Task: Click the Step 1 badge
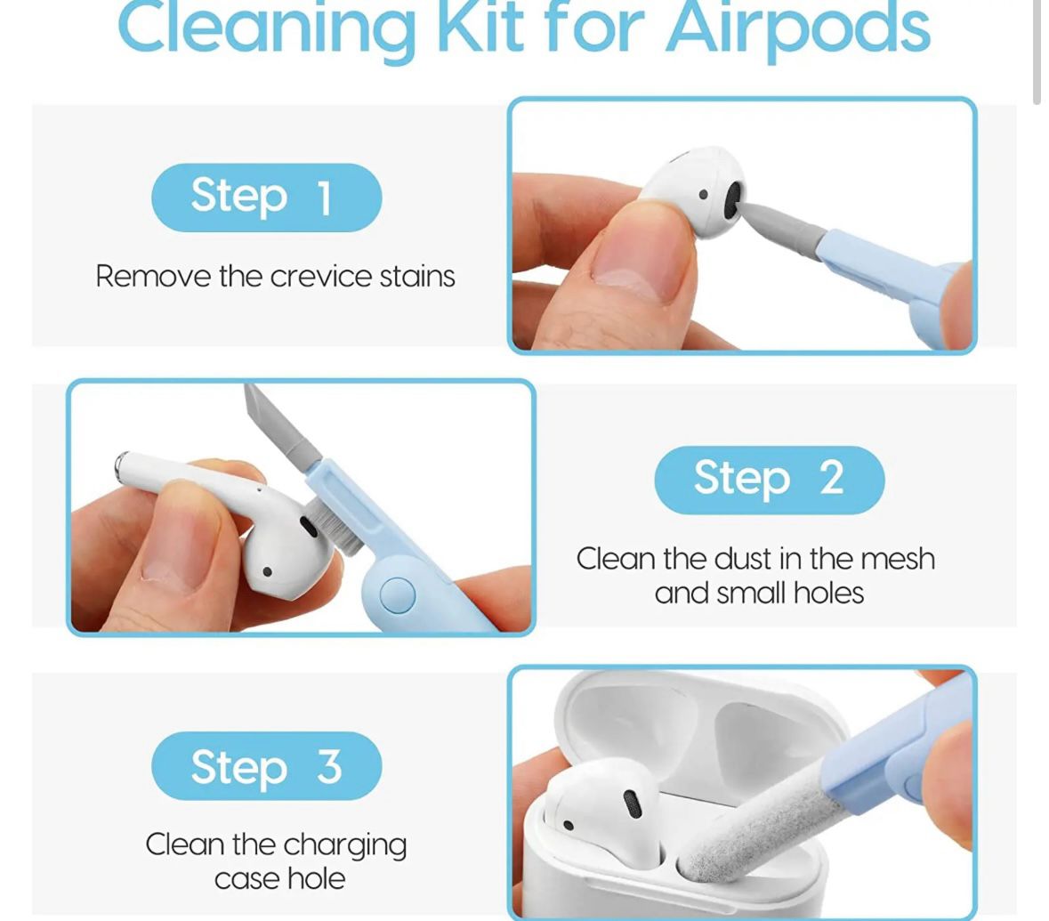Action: [266, 197]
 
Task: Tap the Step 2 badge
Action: [769, 479]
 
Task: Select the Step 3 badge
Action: [266, 765]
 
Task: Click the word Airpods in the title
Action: [797, 28]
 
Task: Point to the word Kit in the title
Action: [482, 28]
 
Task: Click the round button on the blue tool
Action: [397, 595]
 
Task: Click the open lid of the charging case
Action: [703, 721]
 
